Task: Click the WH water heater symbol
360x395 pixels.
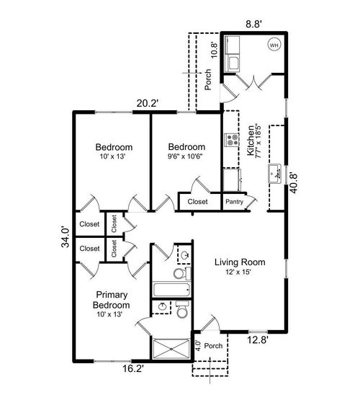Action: (274, 45)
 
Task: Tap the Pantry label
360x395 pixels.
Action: (234, 203)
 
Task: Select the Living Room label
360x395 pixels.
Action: (240, 262)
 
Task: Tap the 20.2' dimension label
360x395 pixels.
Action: (148, 103)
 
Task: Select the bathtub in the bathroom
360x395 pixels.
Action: (171, 290)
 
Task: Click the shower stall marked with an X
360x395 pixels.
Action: (171, 350)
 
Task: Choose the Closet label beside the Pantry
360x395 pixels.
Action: (197, 202)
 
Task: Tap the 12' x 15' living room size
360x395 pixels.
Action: (240, 272)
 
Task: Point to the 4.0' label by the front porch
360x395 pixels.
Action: (198, 345)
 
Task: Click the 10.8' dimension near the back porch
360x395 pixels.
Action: (213, 48)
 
